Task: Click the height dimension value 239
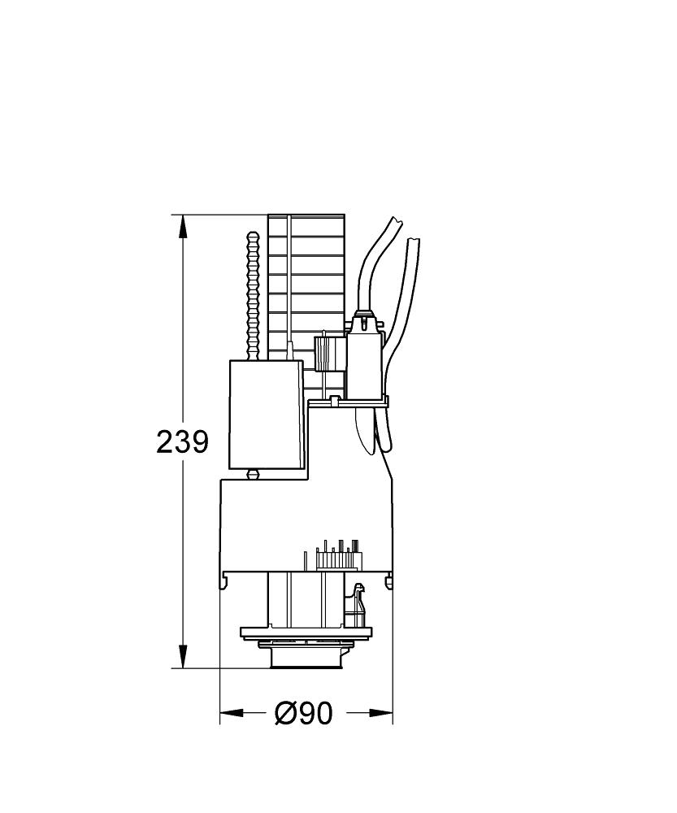[x=182, y=442]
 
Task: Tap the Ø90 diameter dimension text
[x=303, y=713]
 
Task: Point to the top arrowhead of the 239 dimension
[x=182, y=227]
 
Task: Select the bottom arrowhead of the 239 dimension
[x=182, y=656]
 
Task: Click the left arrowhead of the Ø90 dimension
[x=232, y=713]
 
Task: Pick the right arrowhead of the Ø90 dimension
[x=380, y=713]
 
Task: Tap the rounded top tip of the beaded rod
[x=253, y=235]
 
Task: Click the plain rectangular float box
[x=266, y=415]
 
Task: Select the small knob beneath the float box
[x=253, y=474]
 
